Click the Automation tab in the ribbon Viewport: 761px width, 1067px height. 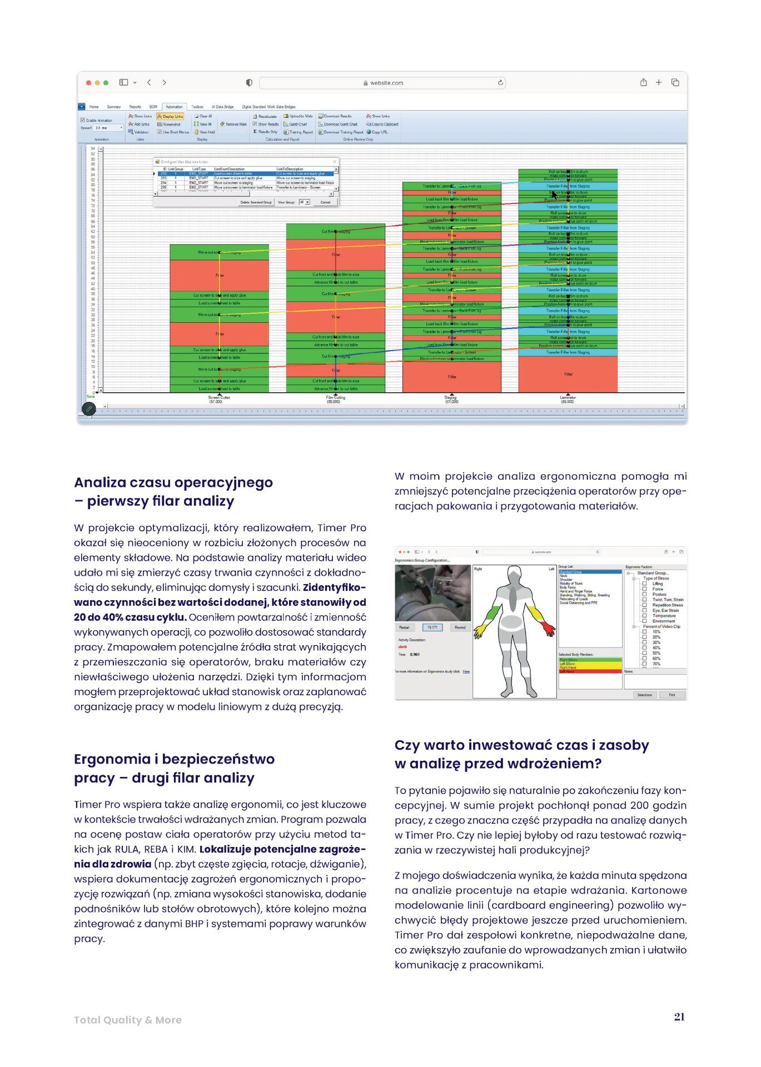pos(174,107)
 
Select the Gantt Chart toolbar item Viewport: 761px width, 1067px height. pos(297,124)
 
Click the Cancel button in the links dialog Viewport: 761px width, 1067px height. pos(325,202)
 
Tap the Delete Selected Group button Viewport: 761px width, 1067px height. pos(256,202)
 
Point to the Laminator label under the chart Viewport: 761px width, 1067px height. pos(568,399)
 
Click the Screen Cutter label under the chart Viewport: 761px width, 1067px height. pos(219,399)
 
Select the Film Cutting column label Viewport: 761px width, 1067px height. pos(335,399)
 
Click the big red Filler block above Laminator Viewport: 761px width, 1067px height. pos(568,374)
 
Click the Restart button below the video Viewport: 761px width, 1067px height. pos(404,627)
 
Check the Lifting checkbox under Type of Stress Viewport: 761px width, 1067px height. pos(645,584)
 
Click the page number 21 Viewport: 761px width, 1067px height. pos(679,1017)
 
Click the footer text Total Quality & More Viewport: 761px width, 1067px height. pos(128,1020)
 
